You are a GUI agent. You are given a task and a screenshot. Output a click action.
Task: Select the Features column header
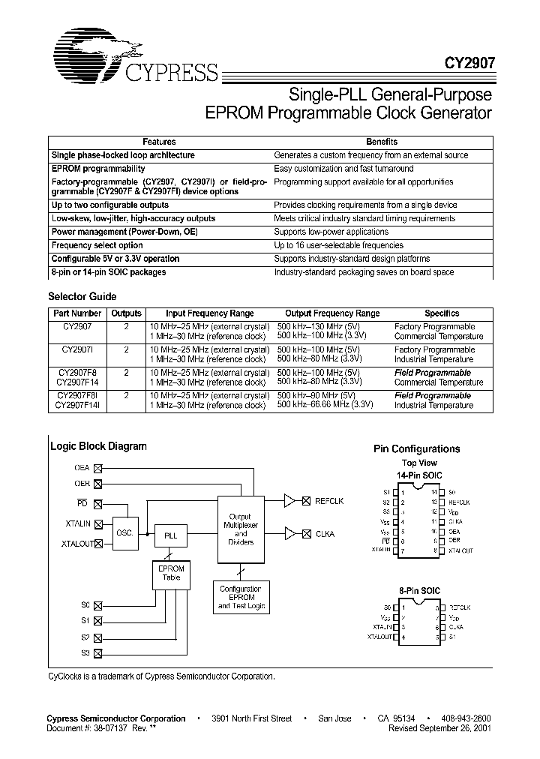[159, 142]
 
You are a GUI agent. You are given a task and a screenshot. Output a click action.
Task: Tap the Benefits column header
[382, 142]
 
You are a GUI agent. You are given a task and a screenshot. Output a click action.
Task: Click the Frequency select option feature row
[97, 245]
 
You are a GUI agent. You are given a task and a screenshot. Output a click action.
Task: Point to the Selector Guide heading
[82, 296]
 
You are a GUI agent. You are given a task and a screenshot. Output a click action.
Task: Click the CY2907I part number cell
[78, 349]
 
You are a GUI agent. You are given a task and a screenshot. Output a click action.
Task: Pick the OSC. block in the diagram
[124, 532]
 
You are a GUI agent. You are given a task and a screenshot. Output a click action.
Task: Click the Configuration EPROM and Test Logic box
[240, 597]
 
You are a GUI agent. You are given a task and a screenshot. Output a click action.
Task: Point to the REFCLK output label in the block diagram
[329, 500]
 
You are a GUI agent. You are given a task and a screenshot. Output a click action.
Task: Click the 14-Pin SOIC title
[419, 475]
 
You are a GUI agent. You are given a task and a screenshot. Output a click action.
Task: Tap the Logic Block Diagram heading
[98, 446]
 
